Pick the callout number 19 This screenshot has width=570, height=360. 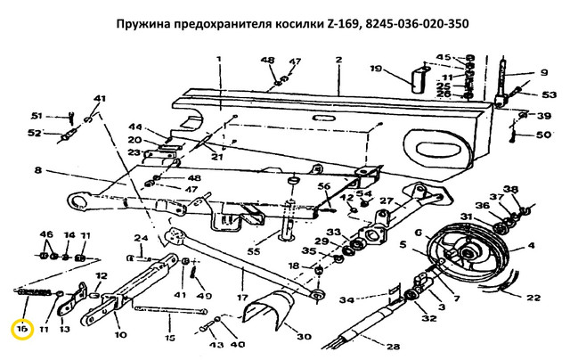375,69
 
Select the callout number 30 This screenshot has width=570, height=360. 305,336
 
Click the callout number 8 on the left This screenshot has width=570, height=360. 38,169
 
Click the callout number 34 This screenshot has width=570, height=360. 349,299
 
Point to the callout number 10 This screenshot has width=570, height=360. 121,336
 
